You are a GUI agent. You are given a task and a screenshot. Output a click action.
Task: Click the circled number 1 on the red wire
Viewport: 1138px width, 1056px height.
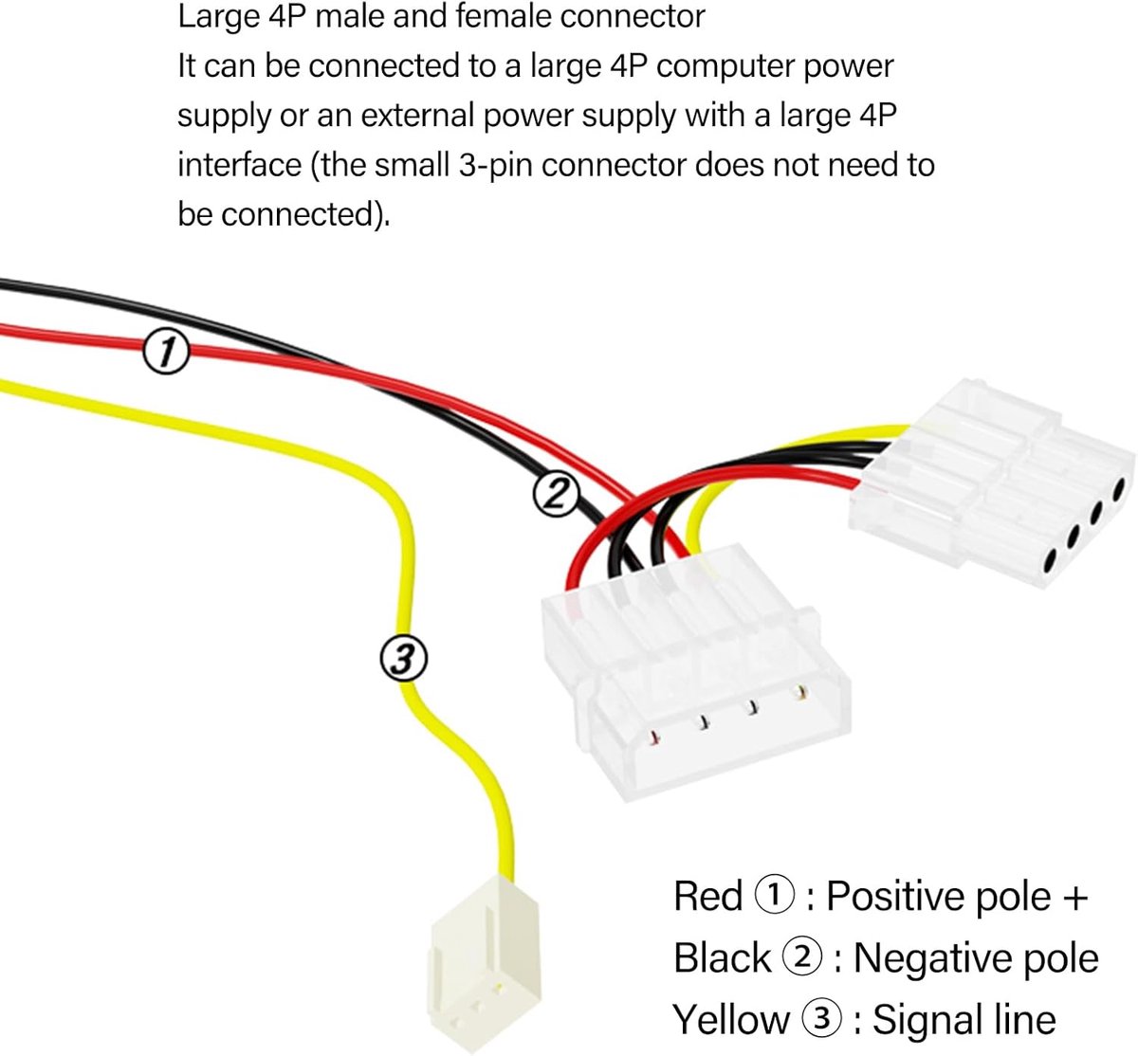click(x=166, y=352)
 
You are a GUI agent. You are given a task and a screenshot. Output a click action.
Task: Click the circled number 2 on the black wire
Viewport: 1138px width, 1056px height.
click(x=556, y=495)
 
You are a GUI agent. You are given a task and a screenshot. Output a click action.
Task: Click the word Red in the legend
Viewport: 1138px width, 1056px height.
click(x=707, y=896)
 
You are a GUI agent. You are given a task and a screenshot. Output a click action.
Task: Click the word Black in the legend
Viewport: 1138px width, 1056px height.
click(x=722, y=957)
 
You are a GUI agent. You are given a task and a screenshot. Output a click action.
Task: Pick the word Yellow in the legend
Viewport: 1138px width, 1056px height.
click(x=730, y=1021)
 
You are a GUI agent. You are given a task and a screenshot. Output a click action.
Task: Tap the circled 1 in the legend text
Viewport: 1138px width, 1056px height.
click(x=774, y=896)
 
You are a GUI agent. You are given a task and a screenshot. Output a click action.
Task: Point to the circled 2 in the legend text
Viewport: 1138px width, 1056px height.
click(x=802, y=957)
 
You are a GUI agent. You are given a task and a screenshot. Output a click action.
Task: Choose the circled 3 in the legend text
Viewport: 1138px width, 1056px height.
click(x=821, y=1019)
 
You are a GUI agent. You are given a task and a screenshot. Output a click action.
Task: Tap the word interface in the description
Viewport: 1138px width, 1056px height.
click(x=240, y=165)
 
